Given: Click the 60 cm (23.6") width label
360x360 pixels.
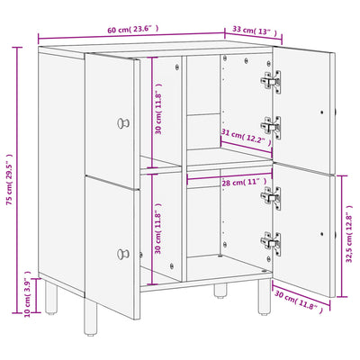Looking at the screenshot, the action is pyautogui.click(x=133, y=30).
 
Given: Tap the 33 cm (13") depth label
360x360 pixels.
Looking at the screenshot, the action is pyautogui.click(x=255, y=31).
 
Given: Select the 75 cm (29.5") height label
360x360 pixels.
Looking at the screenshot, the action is pyautogui.click(x=9, y=180).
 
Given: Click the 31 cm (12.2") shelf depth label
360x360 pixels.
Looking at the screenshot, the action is pyautogui.click(x=246, y=137).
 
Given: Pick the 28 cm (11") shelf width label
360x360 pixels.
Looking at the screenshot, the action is pyautogui.click(x=244, y=183).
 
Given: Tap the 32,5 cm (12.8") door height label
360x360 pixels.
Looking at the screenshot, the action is pyautogui.click(x=349, y=234).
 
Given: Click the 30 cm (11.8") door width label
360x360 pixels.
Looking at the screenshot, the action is pyautogui.click(x=299, y=302).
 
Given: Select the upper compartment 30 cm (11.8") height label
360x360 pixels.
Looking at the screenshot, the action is pyautogui.click(x=158, y=108).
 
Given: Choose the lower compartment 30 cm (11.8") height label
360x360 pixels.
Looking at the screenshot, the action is pyautogui.click(x=158, y=229).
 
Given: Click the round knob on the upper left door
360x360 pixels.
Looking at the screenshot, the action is pyautogui.click(x=123, y=123).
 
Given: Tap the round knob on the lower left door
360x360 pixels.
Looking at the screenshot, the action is pyautogui.click(x=123, y=254).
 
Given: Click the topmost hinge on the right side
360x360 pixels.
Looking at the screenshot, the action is pyautogui.click(x=271, y=82).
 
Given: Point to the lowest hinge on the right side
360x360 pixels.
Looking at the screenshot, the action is pyautogui.click(x=271, y=243).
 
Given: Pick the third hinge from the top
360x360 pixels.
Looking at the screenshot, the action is pyautogui.click(x=271, y=198).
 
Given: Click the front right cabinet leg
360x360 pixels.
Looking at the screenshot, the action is pyautogui.click(x=264, y=297).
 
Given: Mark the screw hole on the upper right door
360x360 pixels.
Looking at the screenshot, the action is pyautogui.click(x=322, y=112).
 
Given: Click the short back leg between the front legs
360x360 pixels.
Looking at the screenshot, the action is pyautogui.click(x=220, y=291).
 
